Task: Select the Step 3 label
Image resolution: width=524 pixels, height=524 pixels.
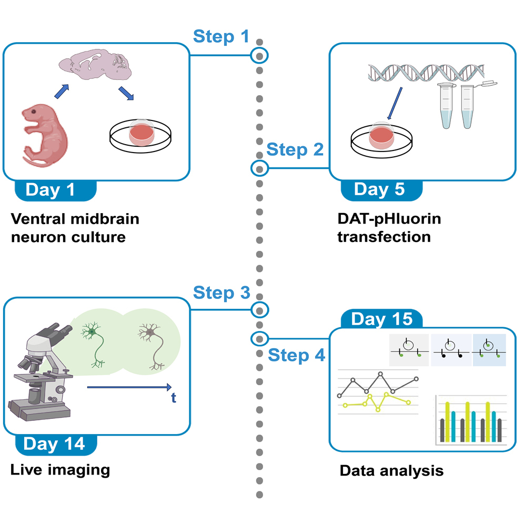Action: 221,293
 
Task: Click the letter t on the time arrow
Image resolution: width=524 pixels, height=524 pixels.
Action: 173,398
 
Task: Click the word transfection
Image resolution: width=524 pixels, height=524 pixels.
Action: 384,237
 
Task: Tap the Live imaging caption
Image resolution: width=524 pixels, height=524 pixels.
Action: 60,469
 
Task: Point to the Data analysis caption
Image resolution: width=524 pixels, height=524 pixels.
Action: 391,470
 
